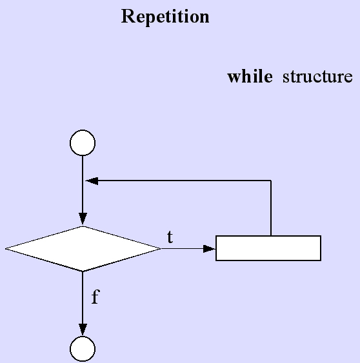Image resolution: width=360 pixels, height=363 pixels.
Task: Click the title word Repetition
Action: (x=165, y=17)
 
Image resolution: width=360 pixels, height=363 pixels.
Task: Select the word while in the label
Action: (x=250, y=76)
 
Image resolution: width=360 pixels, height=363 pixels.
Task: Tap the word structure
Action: (x=317, y=77)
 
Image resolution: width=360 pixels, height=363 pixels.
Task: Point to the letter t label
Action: (x=170, y=237)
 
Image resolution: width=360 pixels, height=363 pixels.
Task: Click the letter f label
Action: (x=95, y=297)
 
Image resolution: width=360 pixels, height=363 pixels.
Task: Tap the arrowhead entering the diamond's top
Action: (x=83, y=219)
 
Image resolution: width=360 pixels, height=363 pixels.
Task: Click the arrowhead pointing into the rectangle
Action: (x=209, y=249)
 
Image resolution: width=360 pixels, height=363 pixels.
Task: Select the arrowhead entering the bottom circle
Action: (x=83, y=329)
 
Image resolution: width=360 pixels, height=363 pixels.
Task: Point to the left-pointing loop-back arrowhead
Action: (x=92, y=181)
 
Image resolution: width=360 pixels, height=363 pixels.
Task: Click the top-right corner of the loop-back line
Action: (x=271, y=181)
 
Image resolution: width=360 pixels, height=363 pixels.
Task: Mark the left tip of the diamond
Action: (x=5, y=249)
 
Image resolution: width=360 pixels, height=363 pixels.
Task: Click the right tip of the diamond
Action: (x=161, y=249)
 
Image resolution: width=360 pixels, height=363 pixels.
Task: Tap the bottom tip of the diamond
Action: (x=83, y=271)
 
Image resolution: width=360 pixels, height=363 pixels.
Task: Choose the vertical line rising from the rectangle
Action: (x=271, y=208)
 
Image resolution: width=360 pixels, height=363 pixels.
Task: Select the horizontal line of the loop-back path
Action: (x=178, y=181)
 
